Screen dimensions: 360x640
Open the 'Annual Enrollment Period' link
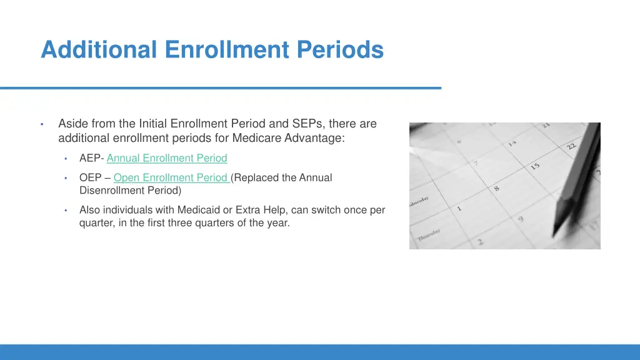[167, 158]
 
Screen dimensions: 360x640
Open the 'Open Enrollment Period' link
[171, 177]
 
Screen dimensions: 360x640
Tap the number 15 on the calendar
[535, 166]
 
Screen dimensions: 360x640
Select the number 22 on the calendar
[572, 146]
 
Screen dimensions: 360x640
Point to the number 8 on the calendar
[497, 187]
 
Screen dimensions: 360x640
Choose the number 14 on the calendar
[512, 143]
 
